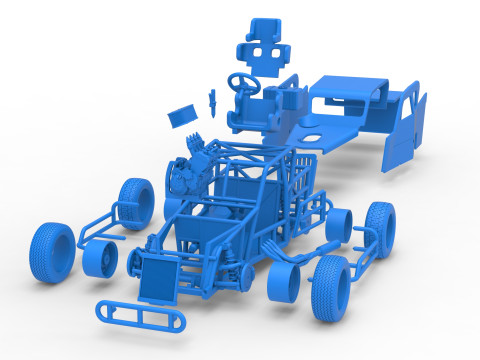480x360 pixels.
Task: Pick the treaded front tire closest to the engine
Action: click(132, 201)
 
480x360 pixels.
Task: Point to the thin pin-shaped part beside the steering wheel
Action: click(213, 98)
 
